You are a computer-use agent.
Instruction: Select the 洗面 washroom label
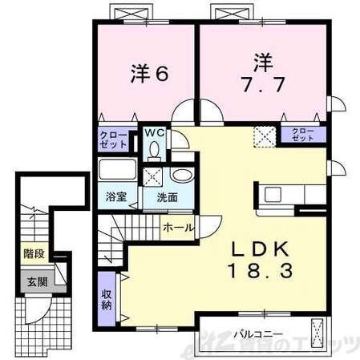166,196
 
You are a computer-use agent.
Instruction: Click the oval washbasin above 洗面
181,176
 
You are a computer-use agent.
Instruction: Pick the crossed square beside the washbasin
152,178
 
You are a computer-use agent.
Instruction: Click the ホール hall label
177,228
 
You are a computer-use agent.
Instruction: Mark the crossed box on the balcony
318,330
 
